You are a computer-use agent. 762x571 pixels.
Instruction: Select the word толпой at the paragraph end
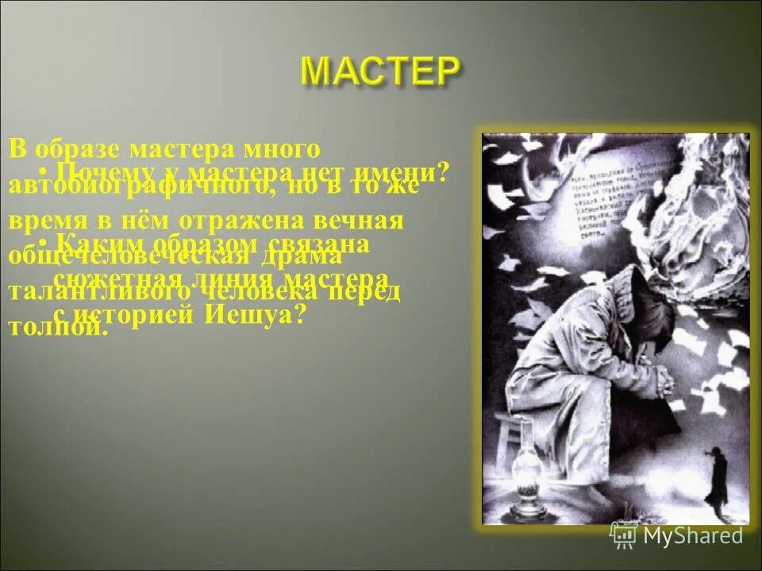(x=57, y=327)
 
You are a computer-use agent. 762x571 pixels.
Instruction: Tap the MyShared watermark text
(x=694, y=536)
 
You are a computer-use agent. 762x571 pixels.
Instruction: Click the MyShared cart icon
(x=624, y=535)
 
